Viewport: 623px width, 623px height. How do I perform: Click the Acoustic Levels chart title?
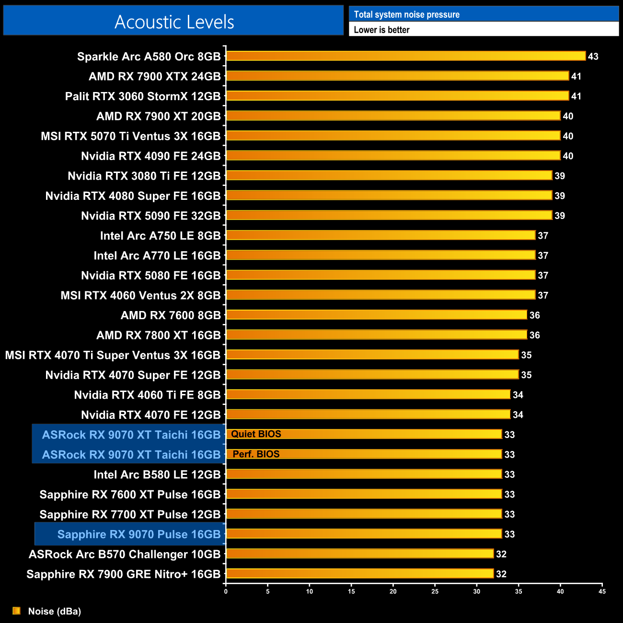point(174,22)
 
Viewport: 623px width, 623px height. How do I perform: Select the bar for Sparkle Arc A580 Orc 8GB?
point(405,56)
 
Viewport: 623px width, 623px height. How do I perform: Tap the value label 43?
point(593,57)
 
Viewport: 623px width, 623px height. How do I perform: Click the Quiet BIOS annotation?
point(256,434)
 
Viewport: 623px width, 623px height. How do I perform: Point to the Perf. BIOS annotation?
point(256,454)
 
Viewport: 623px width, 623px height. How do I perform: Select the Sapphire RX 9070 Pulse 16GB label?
point(139,534)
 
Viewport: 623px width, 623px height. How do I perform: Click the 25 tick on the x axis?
point(435,591)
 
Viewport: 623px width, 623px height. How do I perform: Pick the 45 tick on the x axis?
point(602,591)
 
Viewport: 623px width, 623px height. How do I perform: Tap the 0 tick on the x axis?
point(226,591)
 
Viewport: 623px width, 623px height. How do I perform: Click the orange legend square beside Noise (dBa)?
point(16,611)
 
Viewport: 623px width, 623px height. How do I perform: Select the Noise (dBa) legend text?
point(55,611)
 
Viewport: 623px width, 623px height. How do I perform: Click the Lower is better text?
point(381,30)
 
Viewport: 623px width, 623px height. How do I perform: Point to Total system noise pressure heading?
point(406,14)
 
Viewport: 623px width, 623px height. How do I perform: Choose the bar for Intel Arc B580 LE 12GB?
point(364,474)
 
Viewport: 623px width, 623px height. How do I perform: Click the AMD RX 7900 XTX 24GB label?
point(155,77)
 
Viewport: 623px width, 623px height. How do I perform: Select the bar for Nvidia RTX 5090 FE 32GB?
point(389,215)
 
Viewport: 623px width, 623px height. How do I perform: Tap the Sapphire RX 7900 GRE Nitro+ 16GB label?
point(124,574)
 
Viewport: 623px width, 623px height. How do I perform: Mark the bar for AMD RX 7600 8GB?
point(376,315)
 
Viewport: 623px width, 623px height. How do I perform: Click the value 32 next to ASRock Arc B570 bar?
point(501,554)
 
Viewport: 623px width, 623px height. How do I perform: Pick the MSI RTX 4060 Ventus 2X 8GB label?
point(140,296)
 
